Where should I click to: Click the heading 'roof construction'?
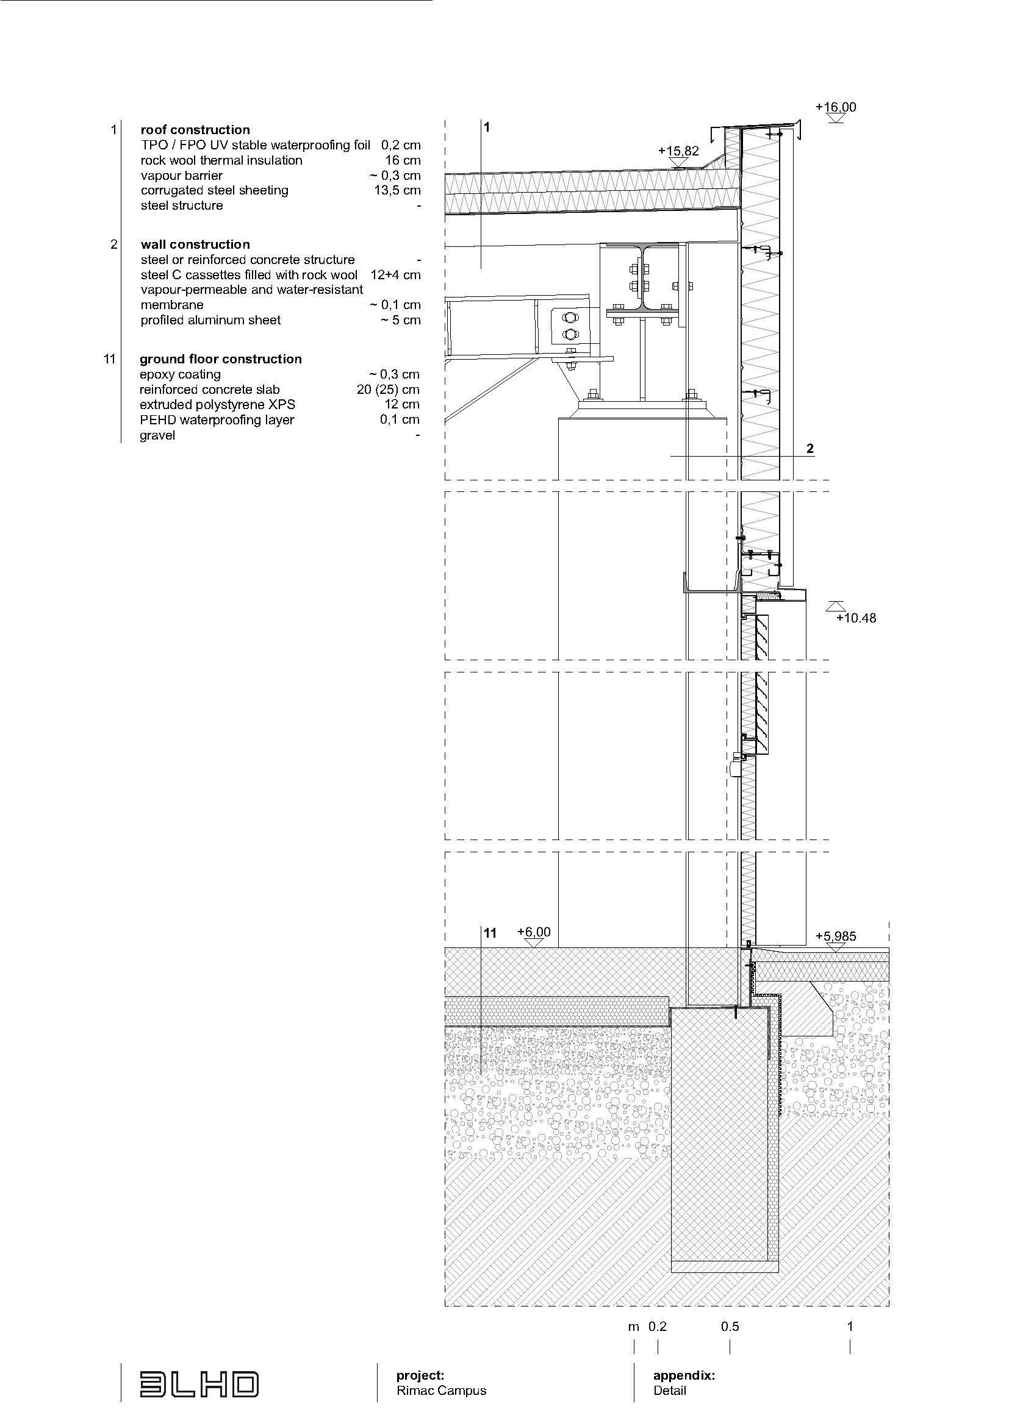click(195, 130)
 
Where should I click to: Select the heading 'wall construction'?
click(195, 244)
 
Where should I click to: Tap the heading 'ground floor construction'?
click(221, 359)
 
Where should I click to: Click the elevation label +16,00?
click(836, 107)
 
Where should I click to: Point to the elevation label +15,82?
click(678, 151)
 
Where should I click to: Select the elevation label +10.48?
click(856, 618)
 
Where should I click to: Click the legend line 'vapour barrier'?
click(181, 176)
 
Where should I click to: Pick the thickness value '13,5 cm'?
click(397, 190)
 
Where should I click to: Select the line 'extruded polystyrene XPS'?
click(217, 404)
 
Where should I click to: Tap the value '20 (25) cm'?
click(389, 390)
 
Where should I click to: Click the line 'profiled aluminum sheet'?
click(210, 320)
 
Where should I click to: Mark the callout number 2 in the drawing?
click(810, 449)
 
